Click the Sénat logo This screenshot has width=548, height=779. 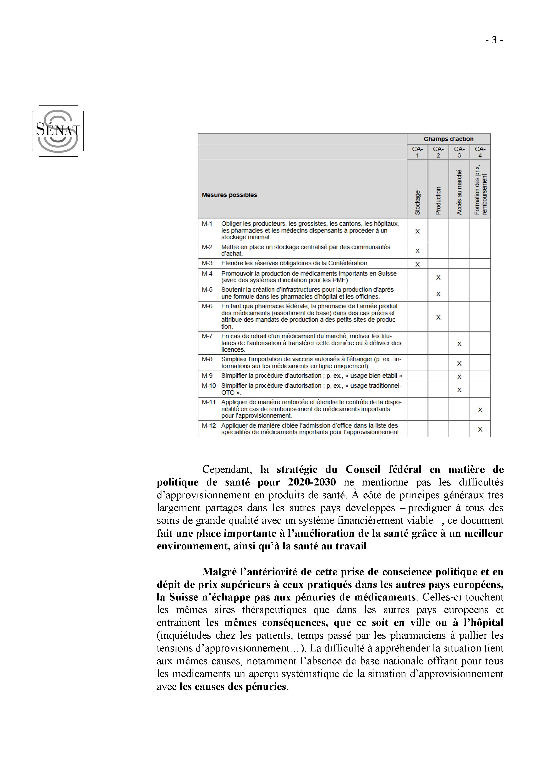coord(58,131)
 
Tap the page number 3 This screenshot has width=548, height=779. coord(494,40)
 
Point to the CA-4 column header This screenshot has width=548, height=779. coord(480,152)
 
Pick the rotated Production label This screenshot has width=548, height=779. coord(438,200)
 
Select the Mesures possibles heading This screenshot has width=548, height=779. coord(229,195)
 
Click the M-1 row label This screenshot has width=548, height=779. coord(207,224)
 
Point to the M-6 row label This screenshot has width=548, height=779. coord(207,306)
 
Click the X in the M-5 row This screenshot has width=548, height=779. coord(438,294)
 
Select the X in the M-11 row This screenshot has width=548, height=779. coord(480,410)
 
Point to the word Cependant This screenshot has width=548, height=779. coord(227,470)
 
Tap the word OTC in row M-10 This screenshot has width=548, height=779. coord(228,393)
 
